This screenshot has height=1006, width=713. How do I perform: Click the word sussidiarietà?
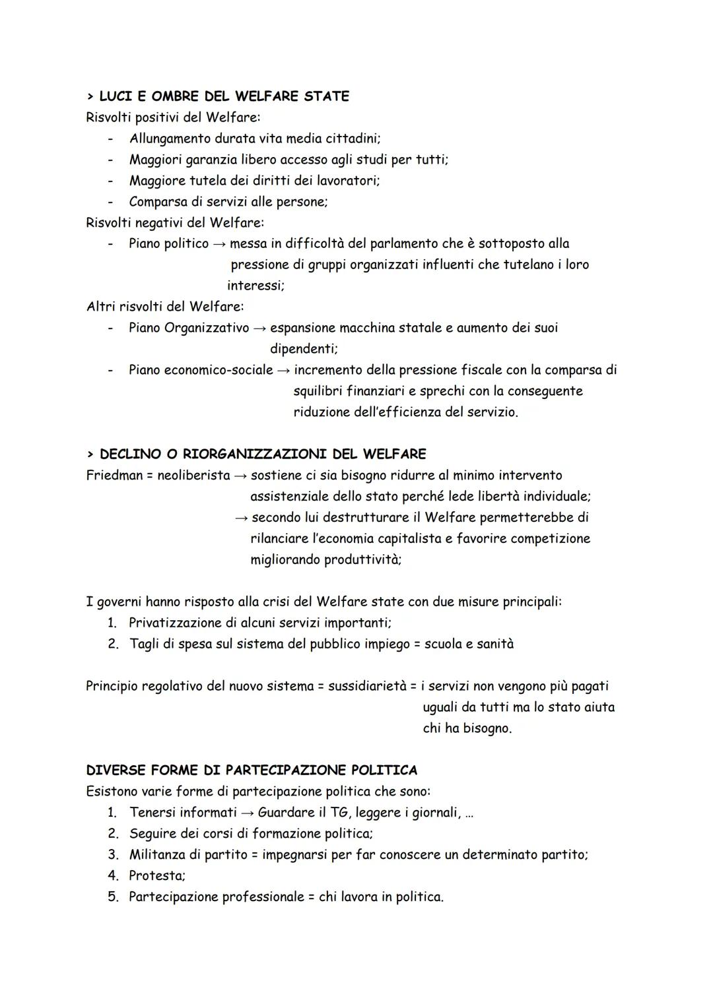[367, 686]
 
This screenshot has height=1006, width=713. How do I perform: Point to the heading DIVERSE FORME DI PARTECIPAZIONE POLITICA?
[252, 770]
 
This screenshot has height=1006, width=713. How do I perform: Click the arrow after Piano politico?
[219, 244]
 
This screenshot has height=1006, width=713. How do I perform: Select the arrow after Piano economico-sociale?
[283, 370]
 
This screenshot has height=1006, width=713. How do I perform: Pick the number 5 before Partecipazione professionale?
[112, 896]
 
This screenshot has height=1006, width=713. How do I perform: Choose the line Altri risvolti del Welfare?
[165, 307]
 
